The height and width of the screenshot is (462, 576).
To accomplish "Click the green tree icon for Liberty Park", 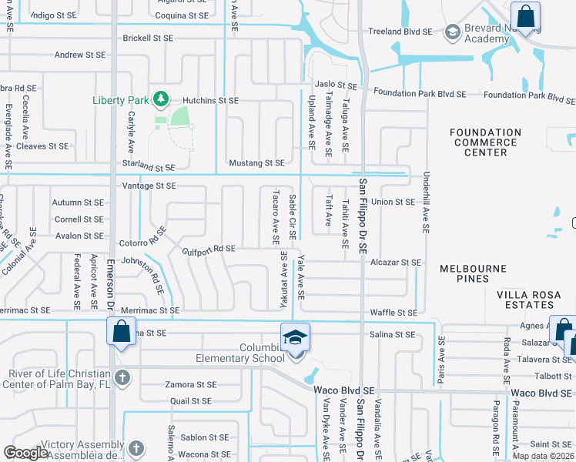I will click(x=161, y=99).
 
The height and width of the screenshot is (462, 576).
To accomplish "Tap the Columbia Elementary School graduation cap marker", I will click(x=294, y=339).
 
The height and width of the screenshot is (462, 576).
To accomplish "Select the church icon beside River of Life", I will click(x=123, y=377).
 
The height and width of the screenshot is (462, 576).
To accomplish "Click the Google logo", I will click(x=26, y=453).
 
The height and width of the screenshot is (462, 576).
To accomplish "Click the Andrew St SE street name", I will click(x=79, y=55).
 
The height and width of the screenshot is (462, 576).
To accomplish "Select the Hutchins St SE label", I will click(x=211, y=101).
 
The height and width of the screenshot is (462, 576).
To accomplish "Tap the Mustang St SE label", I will click(x=257, y=163).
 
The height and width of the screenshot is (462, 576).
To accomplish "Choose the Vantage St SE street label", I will click(x=149, y=186).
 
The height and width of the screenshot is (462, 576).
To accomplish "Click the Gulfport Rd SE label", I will click(x=209, y=249).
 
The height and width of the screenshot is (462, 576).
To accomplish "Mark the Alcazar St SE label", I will click(x=396, y=263).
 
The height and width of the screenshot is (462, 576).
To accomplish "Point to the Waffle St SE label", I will click(x=393, y=313).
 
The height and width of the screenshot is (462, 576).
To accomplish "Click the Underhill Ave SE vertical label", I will click(x=425, y=203).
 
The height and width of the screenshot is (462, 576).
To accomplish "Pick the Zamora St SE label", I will click(x=192, y=384).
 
